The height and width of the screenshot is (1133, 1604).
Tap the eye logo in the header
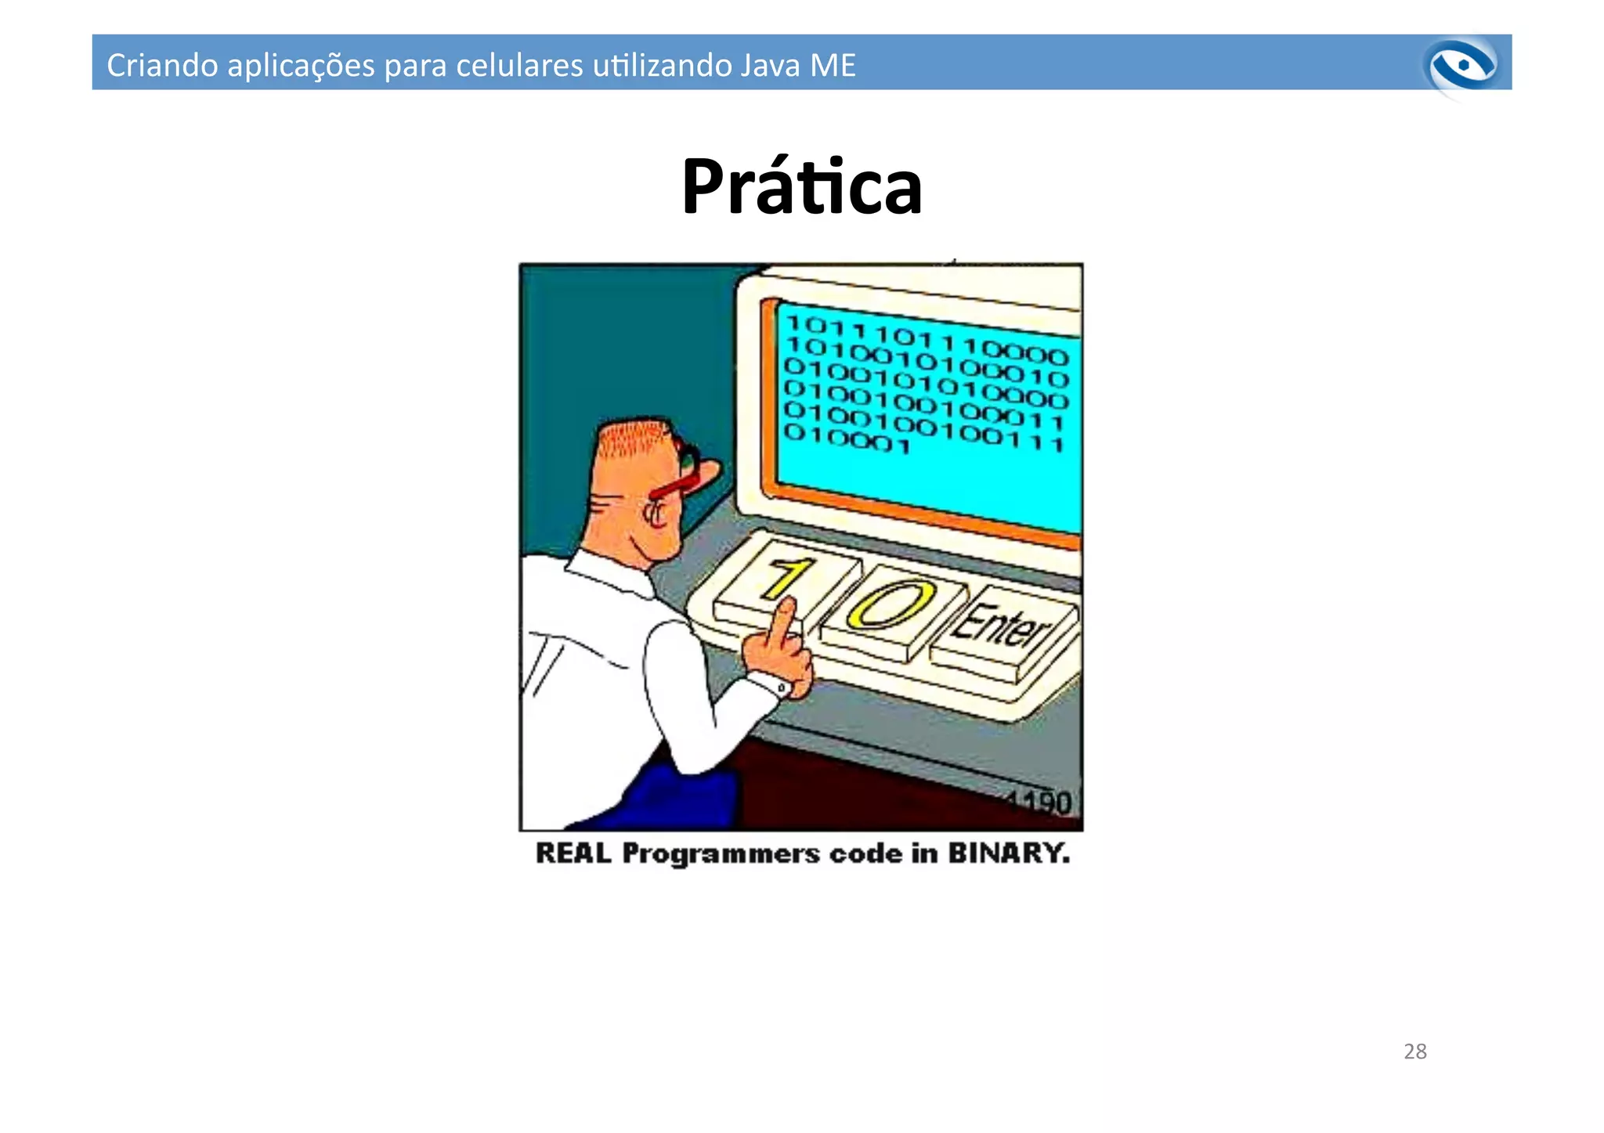[1462, 66]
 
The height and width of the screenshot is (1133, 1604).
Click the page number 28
[1414, 1051]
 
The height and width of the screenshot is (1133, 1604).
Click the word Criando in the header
[161, 65]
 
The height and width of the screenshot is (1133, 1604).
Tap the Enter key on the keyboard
[1002, 627]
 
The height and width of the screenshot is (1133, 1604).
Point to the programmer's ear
[654, 513]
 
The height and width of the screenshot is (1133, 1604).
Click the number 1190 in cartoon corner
[1042, 803]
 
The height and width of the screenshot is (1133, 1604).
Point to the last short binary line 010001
[847, 439]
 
